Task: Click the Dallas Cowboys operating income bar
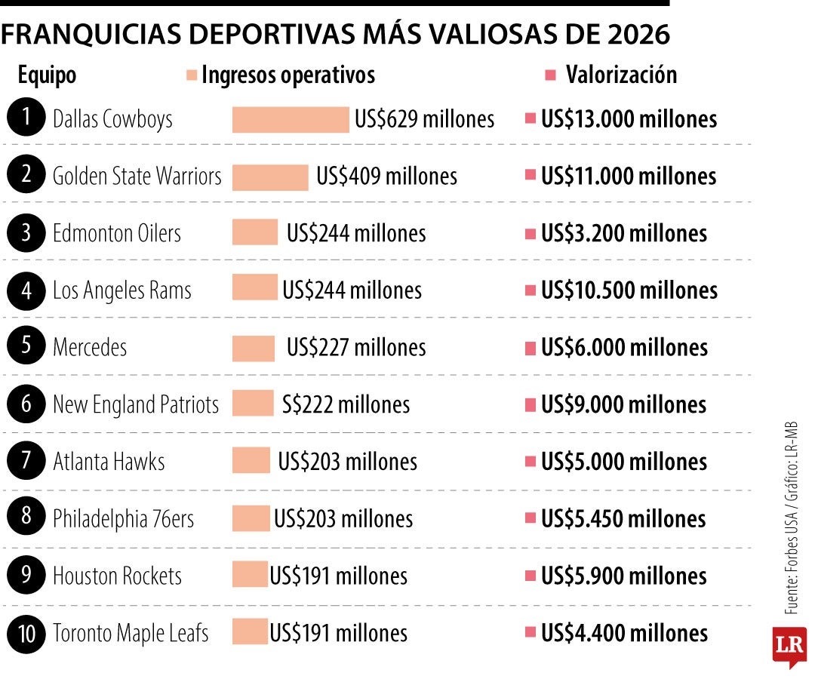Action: (x=291, y=119)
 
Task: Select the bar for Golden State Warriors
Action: (x=270, y=177)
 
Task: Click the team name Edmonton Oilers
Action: (x=117, y=233)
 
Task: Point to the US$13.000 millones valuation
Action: (x=629, y=119)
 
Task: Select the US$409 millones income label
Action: (x=386, y=177)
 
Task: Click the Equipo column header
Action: (x=47, y=75)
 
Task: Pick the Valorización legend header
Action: (x=620, y=75)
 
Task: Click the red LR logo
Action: (x=789, y=647)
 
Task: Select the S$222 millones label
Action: (x=346, y=405)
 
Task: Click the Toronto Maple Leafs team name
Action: (x=130, y=633)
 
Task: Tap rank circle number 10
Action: (x=26, y=633)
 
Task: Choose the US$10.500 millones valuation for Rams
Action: (x=629, y=290)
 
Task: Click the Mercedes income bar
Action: (x=254, y=348)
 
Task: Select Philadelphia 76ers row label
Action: (x=123, y=519)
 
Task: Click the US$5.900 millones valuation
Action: (x=623, y=576)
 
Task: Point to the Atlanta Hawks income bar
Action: (x=251, y=461)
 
